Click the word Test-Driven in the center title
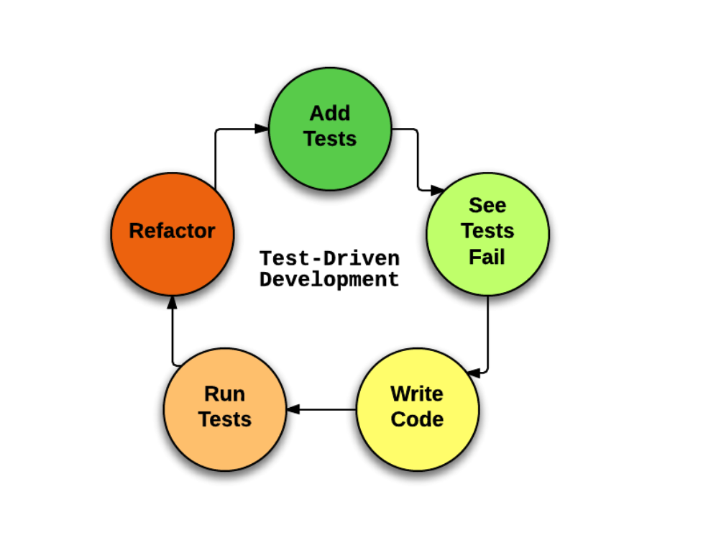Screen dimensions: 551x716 coord(329,258)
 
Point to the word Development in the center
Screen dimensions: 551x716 coord(329,279)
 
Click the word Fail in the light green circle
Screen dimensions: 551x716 coord(487,257)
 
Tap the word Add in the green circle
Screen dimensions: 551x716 coord(330,113)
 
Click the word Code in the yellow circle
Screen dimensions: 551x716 coord(417,419)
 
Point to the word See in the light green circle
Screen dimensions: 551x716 coord(487,205)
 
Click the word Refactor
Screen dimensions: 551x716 coord(173,231)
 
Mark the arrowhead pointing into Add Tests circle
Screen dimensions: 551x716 coord(262,129)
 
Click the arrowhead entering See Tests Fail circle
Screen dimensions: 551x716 coord(436,191)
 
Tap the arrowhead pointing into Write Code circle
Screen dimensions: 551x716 coord(473,373)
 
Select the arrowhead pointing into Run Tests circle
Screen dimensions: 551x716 coord(293,410)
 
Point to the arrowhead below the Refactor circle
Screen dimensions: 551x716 coord(173,303)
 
